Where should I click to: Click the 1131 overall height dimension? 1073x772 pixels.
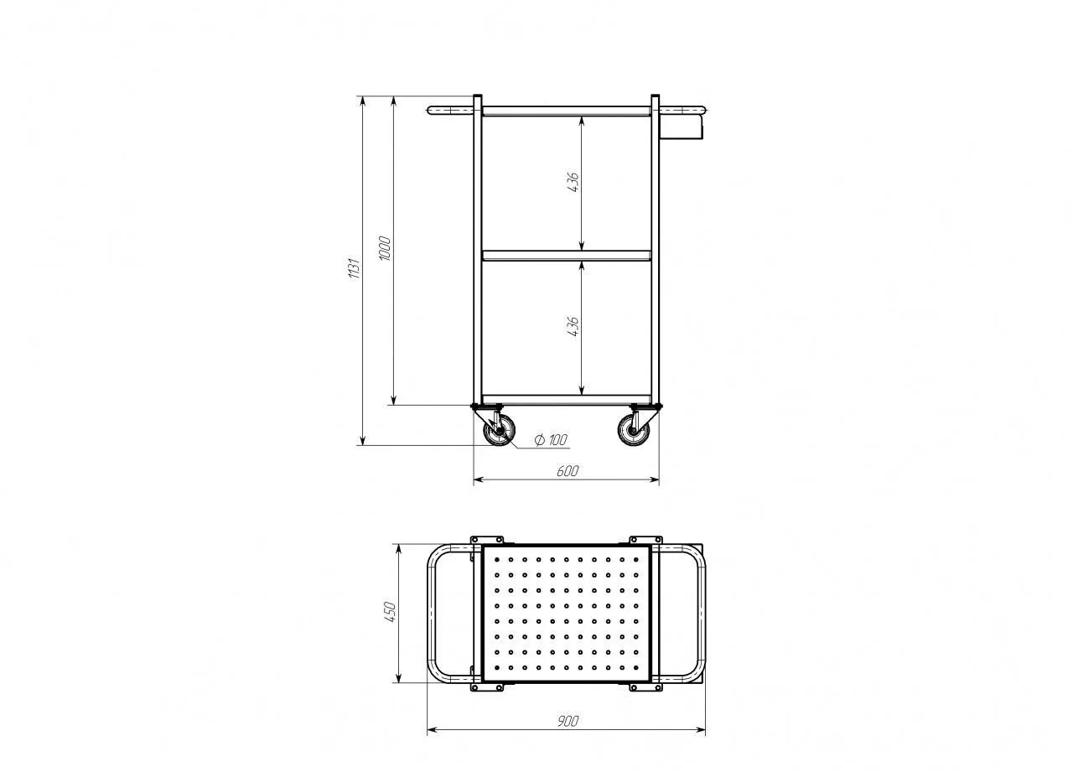click(354, 268)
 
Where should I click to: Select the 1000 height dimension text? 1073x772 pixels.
click(385, 249)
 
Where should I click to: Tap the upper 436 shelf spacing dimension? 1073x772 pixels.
click(573, 183)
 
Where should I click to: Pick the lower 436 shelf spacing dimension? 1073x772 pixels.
click(573, 327)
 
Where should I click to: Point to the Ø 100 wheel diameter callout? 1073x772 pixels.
click(551, 439)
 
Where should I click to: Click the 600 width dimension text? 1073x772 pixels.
click(568, 471)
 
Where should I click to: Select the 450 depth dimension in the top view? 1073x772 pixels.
click(390, 612)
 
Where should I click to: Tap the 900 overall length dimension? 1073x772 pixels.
click(568, 721)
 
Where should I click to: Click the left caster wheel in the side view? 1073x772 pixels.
click(500, 431)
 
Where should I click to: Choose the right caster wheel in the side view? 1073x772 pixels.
click(633, 431)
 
